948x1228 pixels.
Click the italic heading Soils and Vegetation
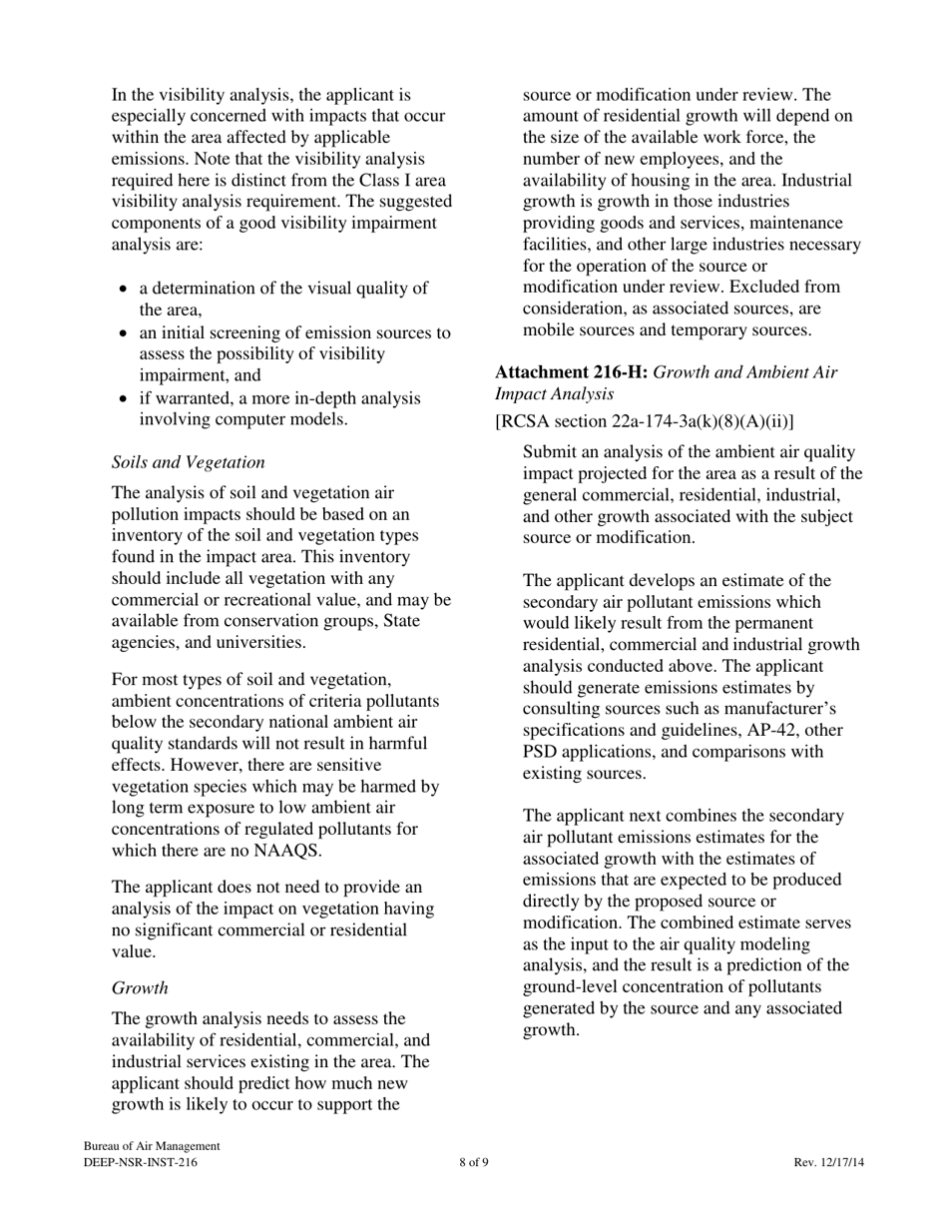pos(188,462)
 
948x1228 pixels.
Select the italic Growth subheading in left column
pos(140,987)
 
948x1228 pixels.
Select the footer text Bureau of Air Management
pos(152,1147)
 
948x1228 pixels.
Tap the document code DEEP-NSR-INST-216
pos(141,1163)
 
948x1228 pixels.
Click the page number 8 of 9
pos(474,1163)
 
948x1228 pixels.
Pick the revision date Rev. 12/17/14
pos(828,1163)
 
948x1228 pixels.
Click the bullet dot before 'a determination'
pos(123,290)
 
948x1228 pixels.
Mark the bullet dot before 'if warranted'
pos(123,399)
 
